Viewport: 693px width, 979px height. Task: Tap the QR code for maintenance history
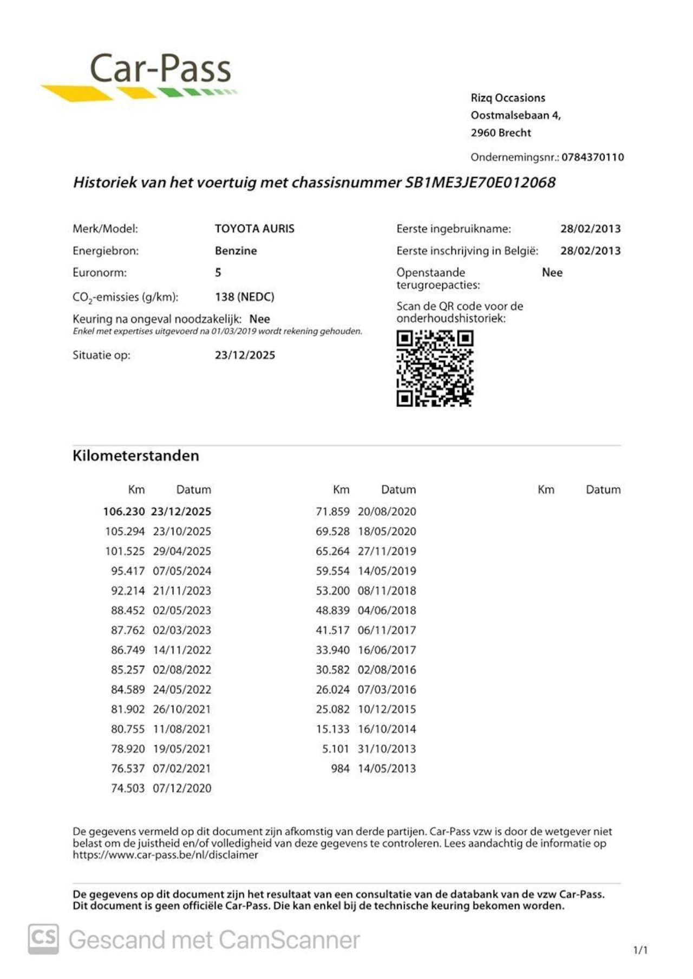coord(435,368)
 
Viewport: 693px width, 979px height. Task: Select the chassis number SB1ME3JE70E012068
coord(480,182)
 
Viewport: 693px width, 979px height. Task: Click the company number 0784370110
coord(592,157)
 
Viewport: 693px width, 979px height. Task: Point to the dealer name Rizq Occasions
coord(508,98)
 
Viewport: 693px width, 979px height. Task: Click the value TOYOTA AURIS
coord(254,229)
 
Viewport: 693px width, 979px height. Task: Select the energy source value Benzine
coord(236,251)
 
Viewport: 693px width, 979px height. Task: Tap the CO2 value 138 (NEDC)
coord(244,297)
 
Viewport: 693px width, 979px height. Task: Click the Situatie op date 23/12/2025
coord(245,355)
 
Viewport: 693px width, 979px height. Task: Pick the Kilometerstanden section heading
coord(136,456)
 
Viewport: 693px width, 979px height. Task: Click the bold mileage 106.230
coord(124,512)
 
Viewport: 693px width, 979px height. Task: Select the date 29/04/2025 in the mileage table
coord(182,551)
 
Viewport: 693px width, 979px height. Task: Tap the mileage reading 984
coord(340,769)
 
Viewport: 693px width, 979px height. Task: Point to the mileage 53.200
coord(332,591)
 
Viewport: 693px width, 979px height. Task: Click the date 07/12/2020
coord(182,789)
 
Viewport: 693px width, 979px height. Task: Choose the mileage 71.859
coord(332,512)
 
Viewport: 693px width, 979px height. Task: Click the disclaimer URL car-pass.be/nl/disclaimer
coord(166,855)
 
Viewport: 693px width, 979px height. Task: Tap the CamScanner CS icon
coord(43,939)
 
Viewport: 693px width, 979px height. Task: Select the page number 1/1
coord(640,950)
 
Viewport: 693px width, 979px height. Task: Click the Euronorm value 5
coord(218,273)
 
